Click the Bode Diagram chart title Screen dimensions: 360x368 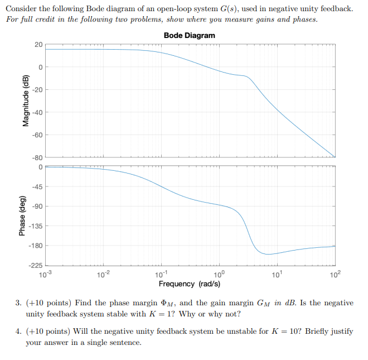tap(189, 35)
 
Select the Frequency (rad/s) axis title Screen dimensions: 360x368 tap(189, 284)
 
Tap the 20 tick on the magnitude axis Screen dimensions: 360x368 tap(38, 44)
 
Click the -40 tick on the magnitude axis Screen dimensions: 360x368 tap(36, 112)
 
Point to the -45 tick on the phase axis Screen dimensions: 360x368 tap(36, 186)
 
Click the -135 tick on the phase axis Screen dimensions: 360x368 tap(35, 226)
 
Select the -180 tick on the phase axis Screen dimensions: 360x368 tap(35, 246)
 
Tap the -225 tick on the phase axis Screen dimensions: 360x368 tap(35, 265)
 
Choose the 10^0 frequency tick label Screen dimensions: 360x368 tap(219, 273)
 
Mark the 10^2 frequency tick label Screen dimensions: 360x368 tap(335, 273)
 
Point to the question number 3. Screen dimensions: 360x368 tap(18, 303)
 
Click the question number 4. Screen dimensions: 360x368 tap(18, 331)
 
